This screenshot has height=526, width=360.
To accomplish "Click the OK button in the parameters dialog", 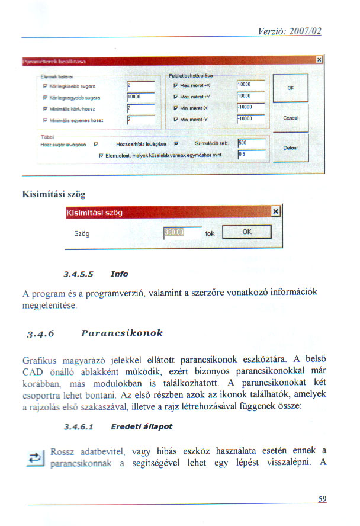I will (x=291, y=88).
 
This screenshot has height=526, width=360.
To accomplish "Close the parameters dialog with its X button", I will (x=319, y=60).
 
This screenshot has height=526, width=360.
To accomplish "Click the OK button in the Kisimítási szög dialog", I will (x=247, y=232).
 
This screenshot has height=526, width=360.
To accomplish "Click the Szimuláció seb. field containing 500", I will (x=249, y=143).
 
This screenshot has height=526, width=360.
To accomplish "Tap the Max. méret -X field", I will (x=249, y=84).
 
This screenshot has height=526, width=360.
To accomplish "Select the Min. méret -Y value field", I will (x=249, y=118).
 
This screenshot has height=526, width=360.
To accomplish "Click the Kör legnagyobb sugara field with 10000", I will (x=141, y=95).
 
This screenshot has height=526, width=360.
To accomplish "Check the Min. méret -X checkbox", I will (x=175, y=107).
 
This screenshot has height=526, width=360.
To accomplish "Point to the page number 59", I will (x=322, y=499).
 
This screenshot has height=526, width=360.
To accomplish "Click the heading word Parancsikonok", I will (x=123, y=332).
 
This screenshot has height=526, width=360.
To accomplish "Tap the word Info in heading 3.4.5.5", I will (x=119, y=274).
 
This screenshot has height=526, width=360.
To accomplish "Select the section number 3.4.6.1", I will (x=82, y=426).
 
